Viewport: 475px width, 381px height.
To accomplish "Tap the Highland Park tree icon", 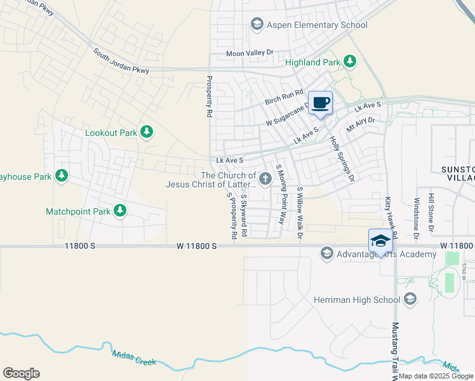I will [x=349, y=61].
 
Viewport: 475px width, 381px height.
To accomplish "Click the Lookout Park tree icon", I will [x=147, y=133].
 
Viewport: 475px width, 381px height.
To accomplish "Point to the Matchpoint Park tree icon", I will [x=119, y=211].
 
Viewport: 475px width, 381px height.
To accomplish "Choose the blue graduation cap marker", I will [x=380, y=241].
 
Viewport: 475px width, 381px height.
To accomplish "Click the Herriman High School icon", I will [x=410, y=299].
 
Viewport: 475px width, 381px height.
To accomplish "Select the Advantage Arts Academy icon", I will [x=327, y=254].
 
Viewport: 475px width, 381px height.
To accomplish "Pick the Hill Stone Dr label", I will [x=431, y=212].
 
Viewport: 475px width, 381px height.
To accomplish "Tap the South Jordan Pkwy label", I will [x=121, y=62].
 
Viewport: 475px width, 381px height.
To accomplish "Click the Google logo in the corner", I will [x=20, y=373].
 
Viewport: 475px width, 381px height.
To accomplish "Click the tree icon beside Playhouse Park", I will [x=62, y=175].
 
